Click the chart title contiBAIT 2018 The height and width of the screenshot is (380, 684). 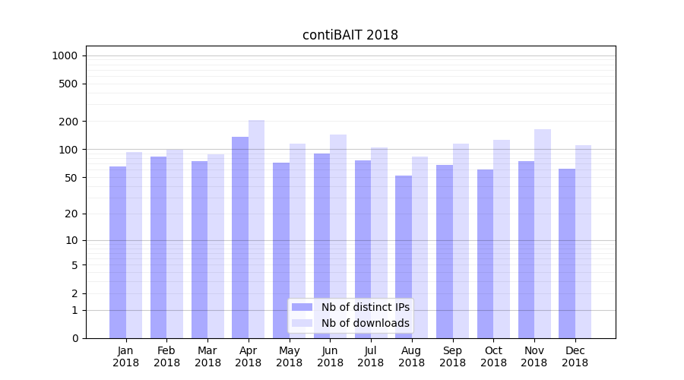coord(350,35)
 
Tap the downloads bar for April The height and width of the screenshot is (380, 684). coord(257,229)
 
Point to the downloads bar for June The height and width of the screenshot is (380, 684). coord(338,236)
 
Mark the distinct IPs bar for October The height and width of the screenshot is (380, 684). coord(486,254)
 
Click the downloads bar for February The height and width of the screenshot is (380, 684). coord(175,243)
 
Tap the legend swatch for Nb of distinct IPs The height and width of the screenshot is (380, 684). coord(302,307)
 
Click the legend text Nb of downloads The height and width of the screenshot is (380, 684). coord(366,323)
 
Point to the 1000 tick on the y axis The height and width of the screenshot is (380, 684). coord(65,55)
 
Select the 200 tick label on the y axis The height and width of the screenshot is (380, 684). coord(68,122)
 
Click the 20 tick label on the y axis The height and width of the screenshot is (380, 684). coord(71,214)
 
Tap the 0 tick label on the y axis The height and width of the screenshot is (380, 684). coord(74,338)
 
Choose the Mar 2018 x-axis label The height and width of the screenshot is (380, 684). coord(207,356)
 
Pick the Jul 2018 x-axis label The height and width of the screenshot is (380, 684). coord(371,356)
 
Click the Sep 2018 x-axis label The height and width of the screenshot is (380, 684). coord(452,356)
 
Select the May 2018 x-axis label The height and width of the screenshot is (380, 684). coord(290,356)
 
